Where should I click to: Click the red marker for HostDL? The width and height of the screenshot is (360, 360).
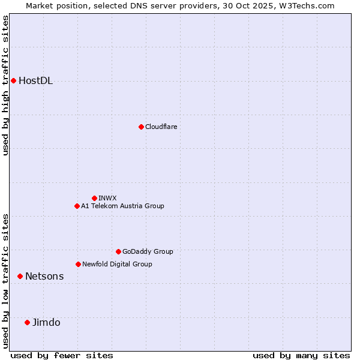click(x=13, y=80)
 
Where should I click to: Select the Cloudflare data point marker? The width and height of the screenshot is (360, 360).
click(x=141, y=127)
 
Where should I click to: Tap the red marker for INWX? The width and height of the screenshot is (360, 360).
click(x=94, y=198)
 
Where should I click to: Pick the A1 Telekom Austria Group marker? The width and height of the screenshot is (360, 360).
click(x=77, y=206)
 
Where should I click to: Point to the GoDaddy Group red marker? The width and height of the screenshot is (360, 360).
click(x=118, y=251)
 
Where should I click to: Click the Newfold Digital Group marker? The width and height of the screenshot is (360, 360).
click(x=78, y=264)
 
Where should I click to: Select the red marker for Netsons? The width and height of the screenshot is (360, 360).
click(x=20, y=276)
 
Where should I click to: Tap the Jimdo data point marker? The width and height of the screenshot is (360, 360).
click(x=27, y=322)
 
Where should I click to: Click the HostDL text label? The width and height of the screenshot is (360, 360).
click(x=36, y=81)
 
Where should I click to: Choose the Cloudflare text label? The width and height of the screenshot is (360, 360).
click(x=161, y=127)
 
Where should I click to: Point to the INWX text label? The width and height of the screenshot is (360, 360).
click(x=108, y=198)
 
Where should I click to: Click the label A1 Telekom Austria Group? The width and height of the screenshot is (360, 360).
click(x=122, y=206)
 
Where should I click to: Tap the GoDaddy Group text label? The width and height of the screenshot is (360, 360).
click(x=148, y=252)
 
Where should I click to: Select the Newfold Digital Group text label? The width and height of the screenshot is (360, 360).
click(x=117, y=265)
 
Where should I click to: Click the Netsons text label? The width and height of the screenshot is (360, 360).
click(x=44, y=277)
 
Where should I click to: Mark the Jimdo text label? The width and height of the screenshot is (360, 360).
click(x=46, y=323)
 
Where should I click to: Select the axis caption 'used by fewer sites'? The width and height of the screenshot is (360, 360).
click(x=62, y=355)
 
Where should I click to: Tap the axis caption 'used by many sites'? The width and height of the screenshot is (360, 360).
click(x=301, y=355)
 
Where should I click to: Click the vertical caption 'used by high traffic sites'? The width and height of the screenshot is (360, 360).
click(x=6, y=85)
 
